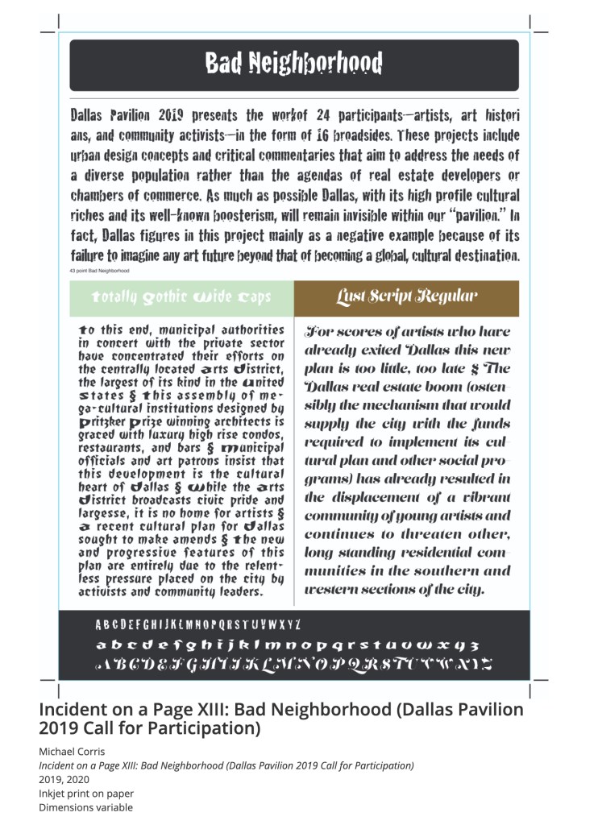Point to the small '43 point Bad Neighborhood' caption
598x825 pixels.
[x=100, y=271]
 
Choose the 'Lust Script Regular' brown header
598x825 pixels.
[x=406, y=297]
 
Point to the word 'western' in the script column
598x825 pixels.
[x=332, y=589]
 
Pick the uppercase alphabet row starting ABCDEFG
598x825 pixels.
[x=197, y=624]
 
